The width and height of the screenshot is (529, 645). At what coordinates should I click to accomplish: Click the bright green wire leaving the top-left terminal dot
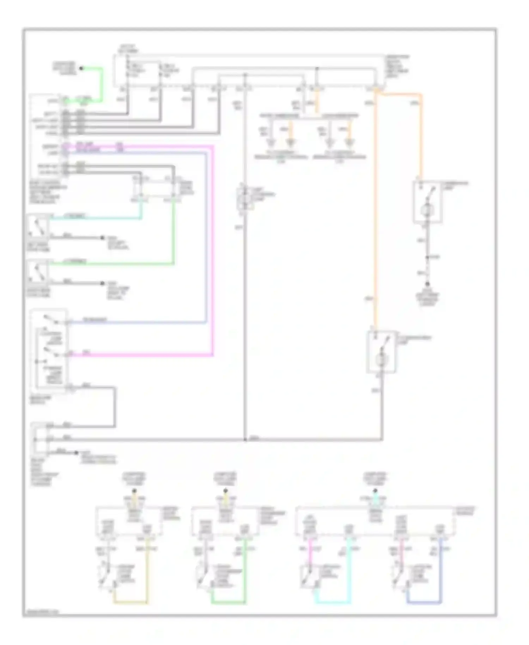point(102,85)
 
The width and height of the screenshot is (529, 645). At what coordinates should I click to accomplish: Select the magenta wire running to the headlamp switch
point(213,247)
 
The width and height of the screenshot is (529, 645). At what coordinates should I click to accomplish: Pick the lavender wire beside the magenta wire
point(206,240)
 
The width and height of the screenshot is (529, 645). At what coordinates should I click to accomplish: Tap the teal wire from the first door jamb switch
point(95,218)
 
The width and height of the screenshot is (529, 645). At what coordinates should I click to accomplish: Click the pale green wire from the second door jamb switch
point(113,264)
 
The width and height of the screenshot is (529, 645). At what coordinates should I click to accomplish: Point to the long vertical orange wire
point(376,212)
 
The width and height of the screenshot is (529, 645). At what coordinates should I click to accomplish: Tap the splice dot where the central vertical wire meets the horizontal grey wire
point(245,440)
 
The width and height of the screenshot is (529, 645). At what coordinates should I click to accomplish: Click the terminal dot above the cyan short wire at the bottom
point(375,491)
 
